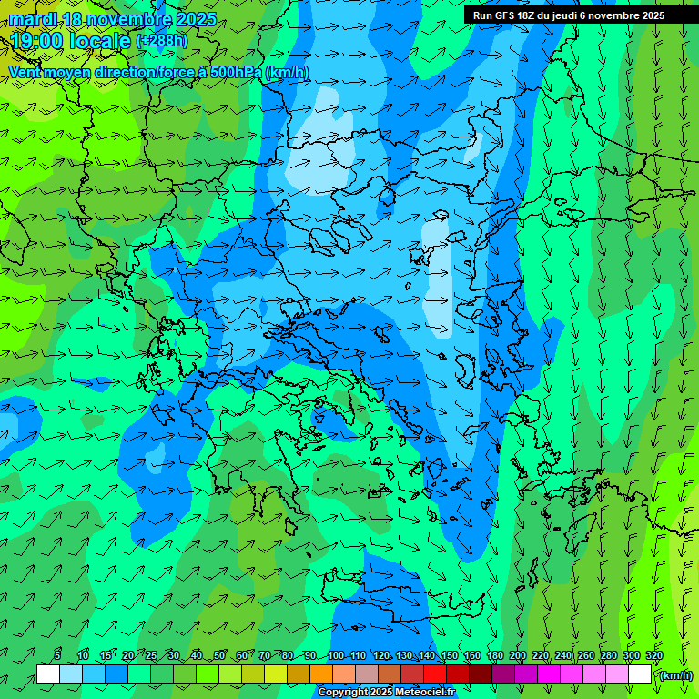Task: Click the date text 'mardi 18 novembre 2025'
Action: [113, 19]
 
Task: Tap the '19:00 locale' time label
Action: [71, 41]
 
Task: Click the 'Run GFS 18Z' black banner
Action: [569, 15]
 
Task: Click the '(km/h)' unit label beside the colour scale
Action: [675, 674]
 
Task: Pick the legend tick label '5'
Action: [57, 656]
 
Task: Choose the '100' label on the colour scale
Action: [336, 656]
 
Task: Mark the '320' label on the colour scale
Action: [654, 656]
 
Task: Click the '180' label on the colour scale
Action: [495, 656]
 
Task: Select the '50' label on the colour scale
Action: [219, 656]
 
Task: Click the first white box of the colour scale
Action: [48, 674]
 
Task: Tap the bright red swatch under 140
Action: [435, 674]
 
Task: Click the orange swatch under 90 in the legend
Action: [321, 674]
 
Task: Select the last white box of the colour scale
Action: [640, 674]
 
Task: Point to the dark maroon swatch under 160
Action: [481, 674]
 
